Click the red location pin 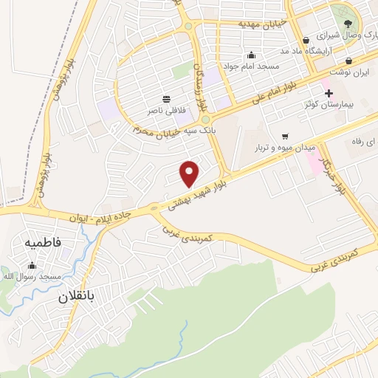click(x=190, y=173)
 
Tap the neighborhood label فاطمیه click(x=43, y=242)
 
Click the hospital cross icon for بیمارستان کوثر click(x=329, y=93)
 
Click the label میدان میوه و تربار click(x=283, y=148)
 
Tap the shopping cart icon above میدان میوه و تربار click(x=284, y=136)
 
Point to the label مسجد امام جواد click(x=252, y=66)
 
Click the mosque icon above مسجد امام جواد click(x=252, y=55)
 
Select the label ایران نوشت click(x=347, y=73)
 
